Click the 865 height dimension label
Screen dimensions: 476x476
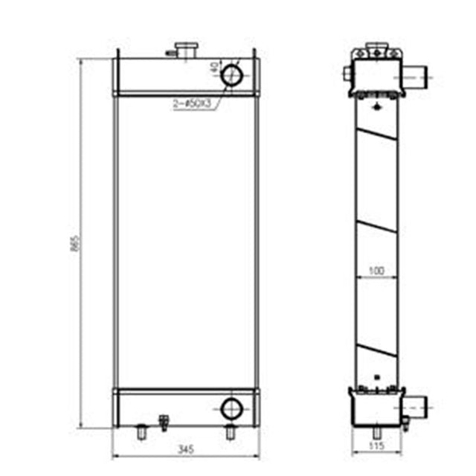coord(74,246)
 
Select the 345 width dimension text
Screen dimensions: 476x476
coord(187,449)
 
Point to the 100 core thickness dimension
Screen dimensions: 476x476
coord(376,272)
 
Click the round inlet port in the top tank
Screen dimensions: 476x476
coord(233,74)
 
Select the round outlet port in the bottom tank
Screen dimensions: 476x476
coord(233,407)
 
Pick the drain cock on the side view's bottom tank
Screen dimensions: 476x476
coord(405,422)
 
